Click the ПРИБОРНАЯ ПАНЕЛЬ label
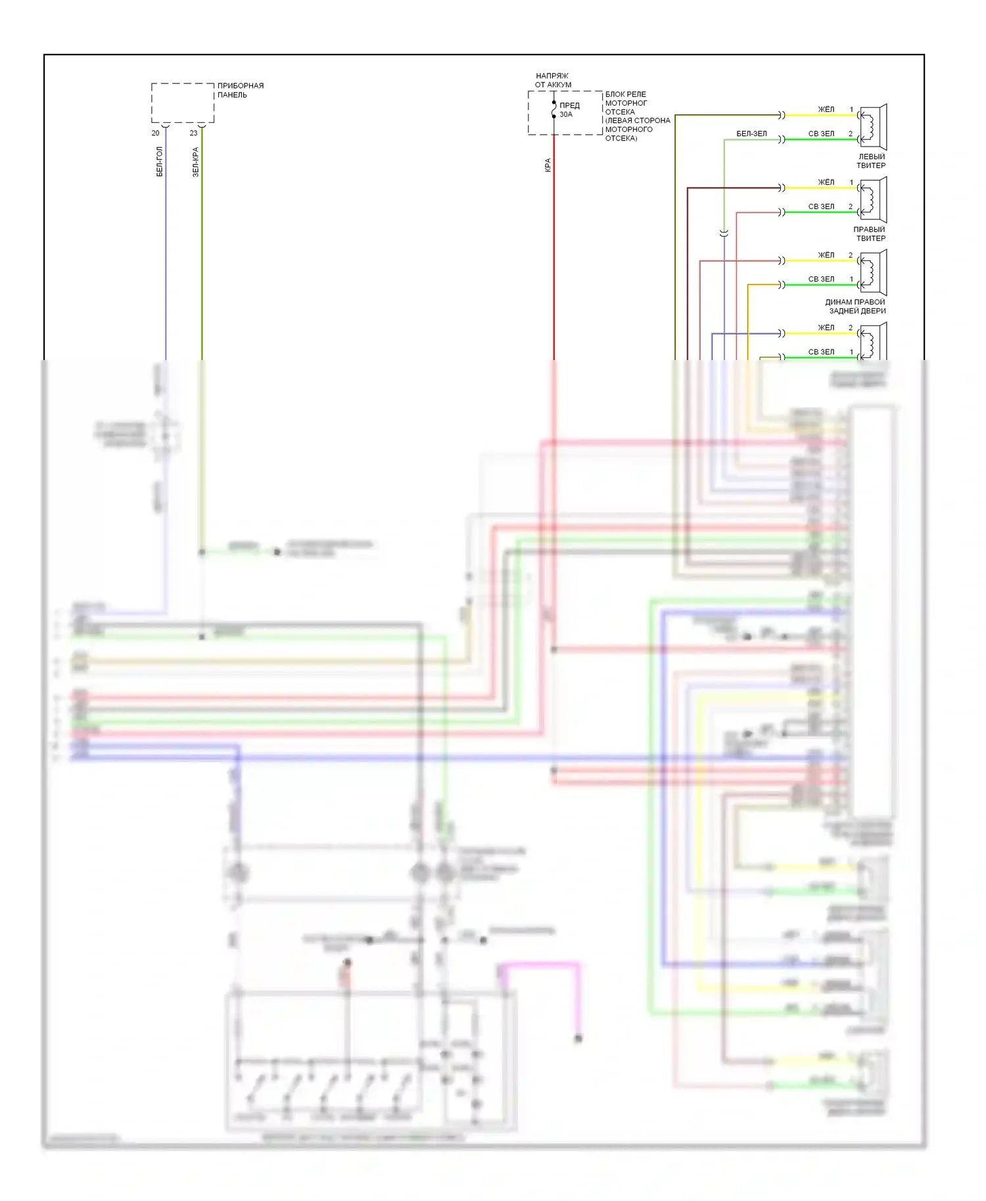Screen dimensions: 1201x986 point(240,90)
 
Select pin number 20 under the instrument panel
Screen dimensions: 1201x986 point(155,133)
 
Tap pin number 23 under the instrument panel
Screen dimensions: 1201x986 point(193,133)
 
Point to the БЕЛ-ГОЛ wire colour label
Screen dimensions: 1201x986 point(159,162)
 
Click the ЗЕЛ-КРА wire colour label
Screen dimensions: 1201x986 point(195,162)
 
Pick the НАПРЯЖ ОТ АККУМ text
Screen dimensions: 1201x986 point(552,80)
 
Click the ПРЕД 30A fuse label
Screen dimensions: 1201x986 point(569,110)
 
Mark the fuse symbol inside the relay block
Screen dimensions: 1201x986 point(554,110)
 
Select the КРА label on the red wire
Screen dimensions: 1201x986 point(548,165)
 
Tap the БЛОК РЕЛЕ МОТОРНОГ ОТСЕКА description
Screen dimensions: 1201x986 point(636,116)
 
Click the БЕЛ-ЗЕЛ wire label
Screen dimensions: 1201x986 point(751,133)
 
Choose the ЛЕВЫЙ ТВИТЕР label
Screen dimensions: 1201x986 point(871,161)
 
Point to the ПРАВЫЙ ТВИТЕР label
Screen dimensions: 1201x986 point(869,234)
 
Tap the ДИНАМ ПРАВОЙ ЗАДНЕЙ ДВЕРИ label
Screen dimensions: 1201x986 point(856,306)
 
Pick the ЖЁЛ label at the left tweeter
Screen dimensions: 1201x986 point(826,109)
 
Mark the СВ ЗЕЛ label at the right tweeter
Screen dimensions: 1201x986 point(821,206)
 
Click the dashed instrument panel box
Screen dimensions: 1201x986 point(183,103)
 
